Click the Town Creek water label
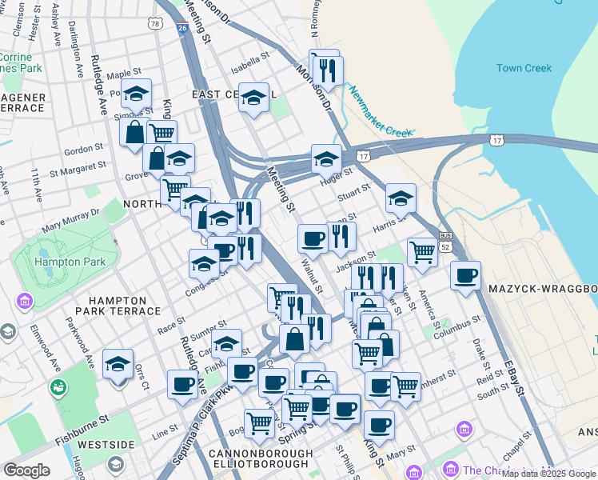(x=524, y=68)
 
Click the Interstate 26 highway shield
(x=183, y=28)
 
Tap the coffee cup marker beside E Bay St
(x=465, y=277)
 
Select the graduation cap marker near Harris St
(x=401, y=198)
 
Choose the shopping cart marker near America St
(x=422, y=252)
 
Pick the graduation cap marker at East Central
(x=253, y=98)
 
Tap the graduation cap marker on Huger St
(x=326, y=159)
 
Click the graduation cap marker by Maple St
(x=136, y=93)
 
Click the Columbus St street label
(x=456, y=331)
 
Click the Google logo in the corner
(x=26, y=470)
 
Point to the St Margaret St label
(x=78, y=168)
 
